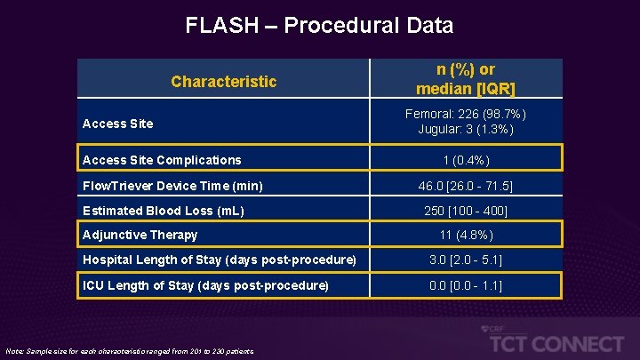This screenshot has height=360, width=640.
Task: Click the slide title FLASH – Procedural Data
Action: (x=319, y=26)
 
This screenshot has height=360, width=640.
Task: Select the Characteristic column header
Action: (x=224, y=82)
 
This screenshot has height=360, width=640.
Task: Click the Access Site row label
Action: (x=117, y=124)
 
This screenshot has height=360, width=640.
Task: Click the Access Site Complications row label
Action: (x=161, y=160)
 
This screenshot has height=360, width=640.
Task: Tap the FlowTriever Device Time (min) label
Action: (x=172, y=186)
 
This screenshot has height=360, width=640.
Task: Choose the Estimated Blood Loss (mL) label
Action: (x=163, y=211)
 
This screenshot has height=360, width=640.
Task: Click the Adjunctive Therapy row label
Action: (x=140, y=236)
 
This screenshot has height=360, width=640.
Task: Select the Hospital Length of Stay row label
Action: (x=219, y=260)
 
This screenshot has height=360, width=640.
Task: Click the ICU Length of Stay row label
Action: (x=205, y=285)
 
